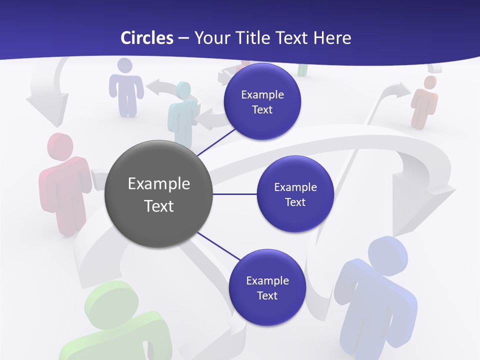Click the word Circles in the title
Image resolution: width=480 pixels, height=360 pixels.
coord(146,38)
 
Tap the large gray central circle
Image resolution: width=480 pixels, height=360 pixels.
coord(158,194)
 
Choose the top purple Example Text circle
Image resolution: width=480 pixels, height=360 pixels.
coord(262,101)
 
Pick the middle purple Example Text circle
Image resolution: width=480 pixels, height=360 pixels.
coord(295,194)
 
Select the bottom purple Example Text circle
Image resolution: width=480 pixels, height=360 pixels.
coord(267,287)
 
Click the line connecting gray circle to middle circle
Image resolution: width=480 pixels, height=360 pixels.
coord(234,194)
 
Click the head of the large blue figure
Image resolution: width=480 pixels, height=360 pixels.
coord(387,253)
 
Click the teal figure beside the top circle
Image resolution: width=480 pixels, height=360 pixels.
coord(182,112)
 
